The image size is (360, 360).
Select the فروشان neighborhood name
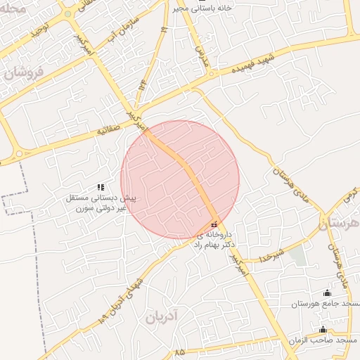coord(23,72)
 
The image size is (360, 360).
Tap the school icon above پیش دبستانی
coord(101,187)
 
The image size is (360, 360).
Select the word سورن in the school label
coord(84,209)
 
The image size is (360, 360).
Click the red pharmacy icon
coord(214,224)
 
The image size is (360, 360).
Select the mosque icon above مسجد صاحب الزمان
coord(323,330)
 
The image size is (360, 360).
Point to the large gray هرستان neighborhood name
coord(340,224)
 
